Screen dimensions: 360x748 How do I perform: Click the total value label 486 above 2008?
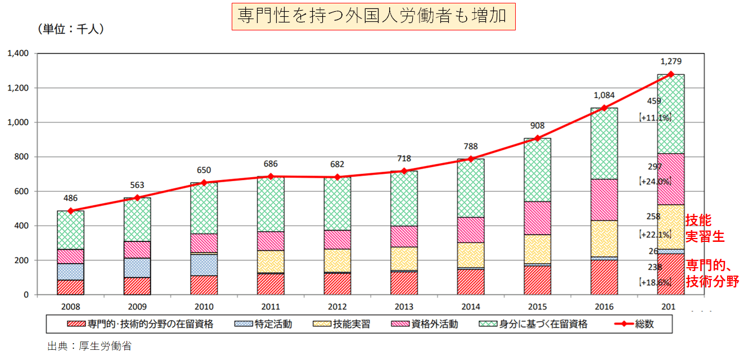coord(70,198)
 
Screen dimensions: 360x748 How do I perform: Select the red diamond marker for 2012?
coord(337,177)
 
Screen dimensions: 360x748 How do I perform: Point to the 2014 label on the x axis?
coord(470,307)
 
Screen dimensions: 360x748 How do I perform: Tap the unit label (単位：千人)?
coord(70,29)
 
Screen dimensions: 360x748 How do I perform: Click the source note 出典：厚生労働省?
coord(89,346)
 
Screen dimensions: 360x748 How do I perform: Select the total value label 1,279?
coord(670,61)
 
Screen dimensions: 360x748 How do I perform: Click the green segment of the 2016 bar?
coord(604,143)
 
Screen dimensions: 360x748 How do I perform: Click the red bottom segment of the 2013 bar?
coord(404,283)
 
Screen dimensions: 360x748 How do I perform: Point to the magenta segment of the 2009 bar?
coord(137,250)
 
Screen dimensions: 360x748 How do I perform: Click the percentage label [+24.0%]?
coord(654,181)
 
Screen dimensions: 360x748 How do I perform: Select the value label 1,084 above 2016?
coord(603,96)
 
